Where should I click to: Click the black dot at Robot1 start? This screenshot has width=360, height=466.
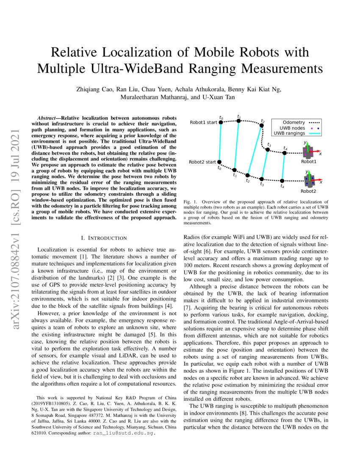pos(221,122)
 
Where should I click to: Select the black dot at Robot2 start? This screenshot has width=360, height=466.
pos(221,162)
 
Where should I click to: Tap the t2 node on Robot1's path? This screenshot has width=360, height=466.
pos(261,126)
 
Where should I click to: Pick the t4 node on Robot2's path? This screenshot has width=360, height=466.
pos(282,181)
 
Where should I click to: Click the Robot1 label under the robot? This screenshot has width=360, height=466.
pos(308,161)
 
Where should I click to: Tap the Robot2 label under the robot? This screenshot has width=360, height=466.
pos(308,191)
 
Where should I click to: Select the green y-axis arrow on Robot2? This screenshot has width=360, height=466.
pos(307,175)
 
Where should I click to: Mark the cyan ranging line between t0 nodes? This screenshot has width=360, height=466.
pos(221,142)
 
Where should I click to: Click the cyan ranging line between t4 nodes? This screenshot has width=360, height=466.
pos(283,166)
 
